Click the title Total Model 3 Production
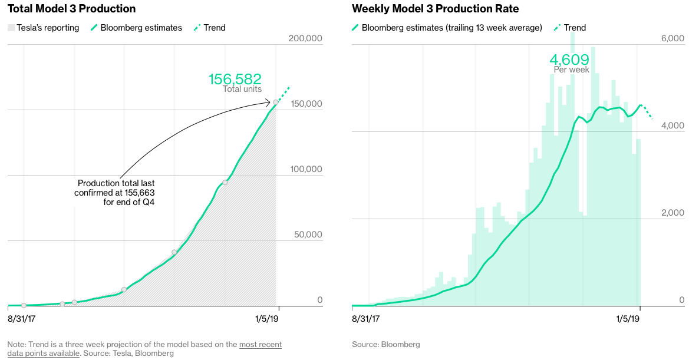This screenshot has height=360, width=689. pos(71,9)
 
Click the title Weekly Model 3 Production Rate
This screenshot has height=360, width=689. pos(436,9)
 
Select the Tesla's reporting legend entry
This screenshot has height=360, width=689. pos(44,28)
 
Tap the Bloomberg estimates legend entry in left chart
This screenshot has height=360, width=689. pos(136,28)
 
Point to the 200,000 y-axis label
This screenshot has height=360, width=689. pos(305,38)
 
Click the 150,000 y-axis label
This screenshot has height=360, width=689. pos(305,104)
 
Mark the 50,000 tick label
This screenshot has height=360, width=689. pos(308,235)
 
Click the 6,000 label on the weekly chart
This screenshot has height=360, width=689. pos(672,38)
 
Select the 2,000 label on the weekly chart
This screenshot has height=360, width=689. pos(672,213)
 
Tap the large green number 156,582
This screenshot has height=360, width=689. pos(235,79)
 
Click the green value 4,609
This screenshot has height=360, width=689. pos(569,60)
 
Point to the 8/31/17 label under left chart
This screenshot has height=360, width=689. pos(23,319)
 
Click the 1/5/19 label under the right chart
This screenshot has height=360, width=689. pos(628,319)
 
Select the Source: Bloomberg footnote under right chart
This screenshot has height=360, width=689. pos(385,344)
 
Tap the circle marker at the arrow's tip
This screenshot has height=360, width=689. pos(276,103)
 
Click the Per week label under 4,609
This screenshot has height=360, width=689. pos(571,70)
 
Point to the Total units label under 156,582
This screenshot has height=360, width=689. pos(242,89)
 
